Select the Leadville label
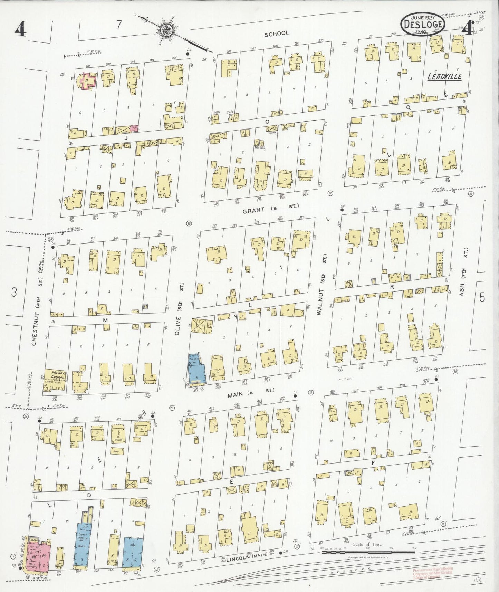[x=444, y=77]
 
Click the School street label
[x=277, y=34]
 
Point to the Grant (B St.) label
[x=270, y=209]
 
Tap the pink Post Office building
[x=39, y=558]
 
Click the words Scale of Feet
[x=367, y=545]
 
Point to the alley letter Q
[x=408, y=107]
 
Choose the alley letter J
[x=127, y=138]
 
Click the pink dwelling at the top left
[x=88, y=80]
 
